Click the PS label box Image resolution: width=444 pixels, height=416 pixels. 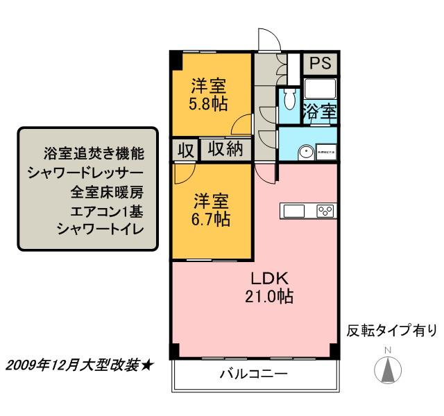pos(320,62)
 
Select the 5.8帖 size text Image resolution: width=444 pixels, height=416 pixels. pos(209,105)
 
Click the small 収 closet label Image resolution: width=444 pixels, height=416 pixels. pos(185,150)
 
